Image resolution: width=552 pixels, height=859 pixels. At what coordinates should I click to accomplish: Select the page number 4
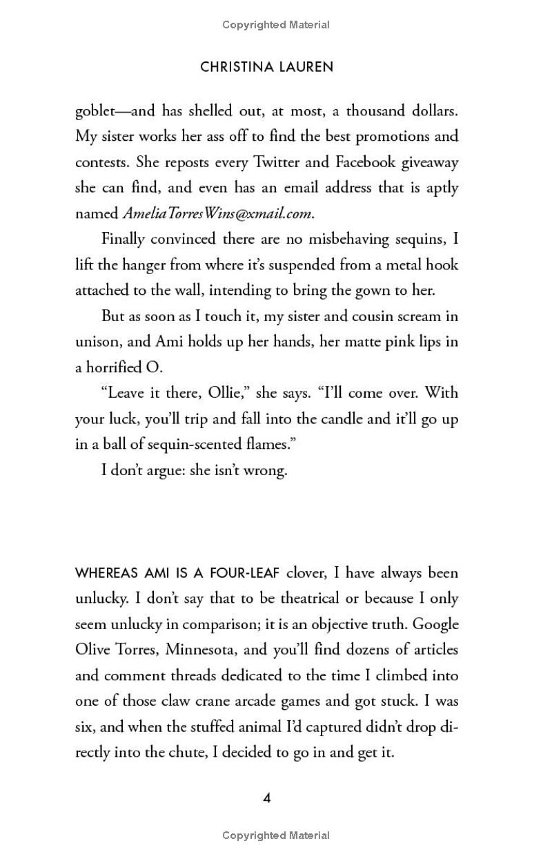[267, 798]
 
